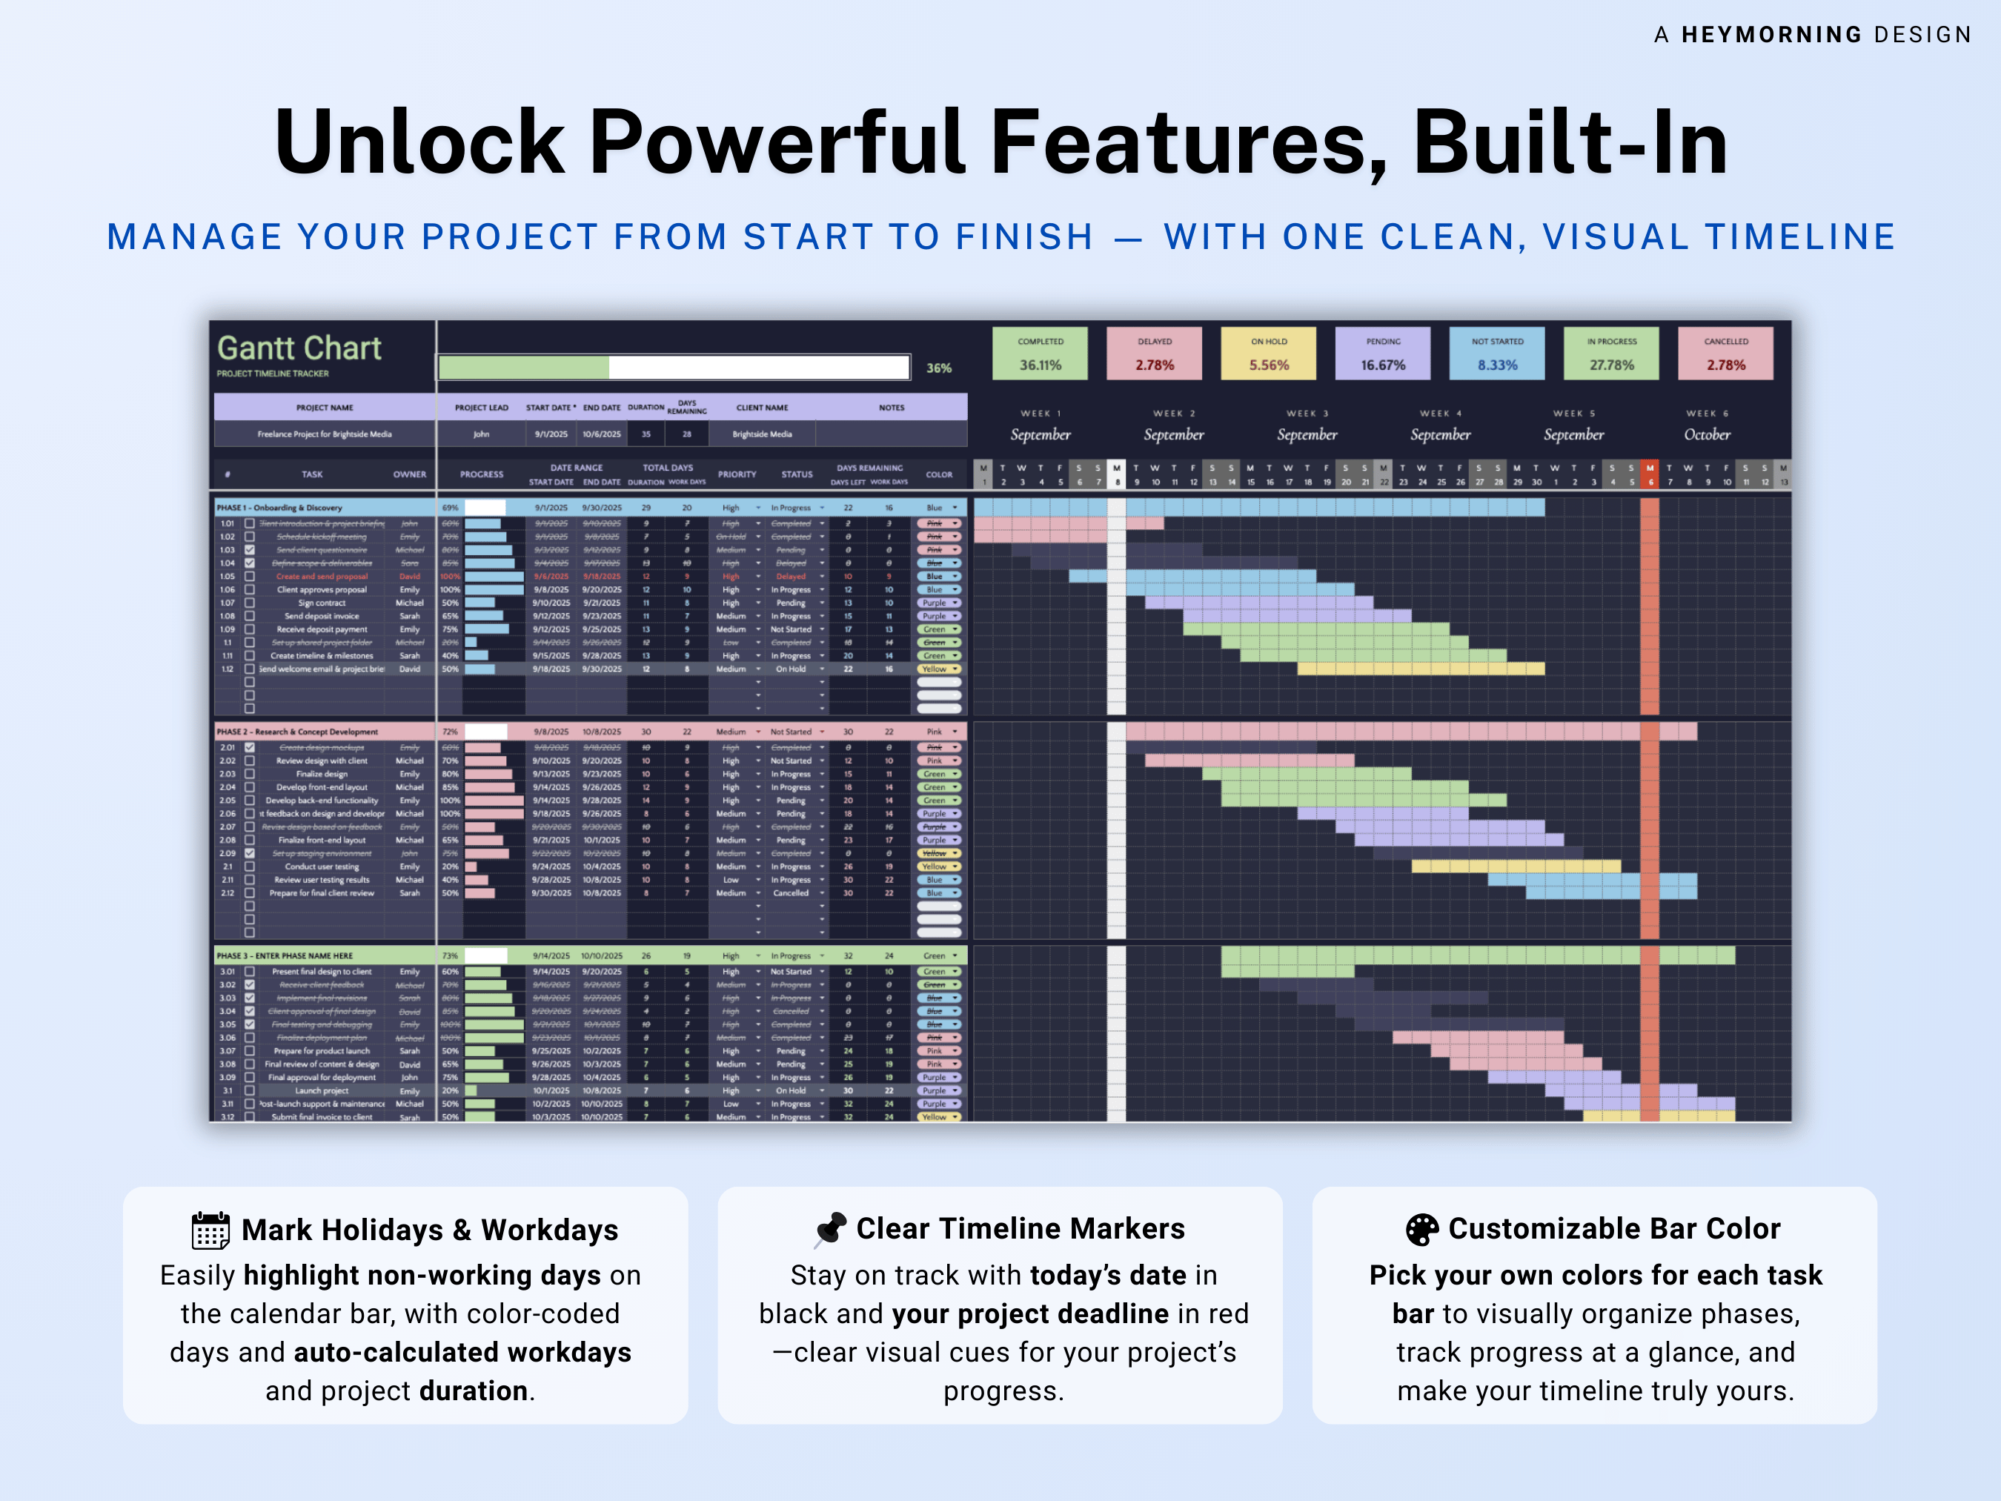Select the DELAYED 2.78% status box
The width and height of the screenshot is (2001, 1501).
[1155, 353]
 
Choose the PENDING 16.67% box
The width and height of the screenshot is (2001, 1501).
[1382, 353]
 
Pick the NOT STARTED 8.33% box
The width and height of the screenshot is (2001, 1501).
[1497, 353]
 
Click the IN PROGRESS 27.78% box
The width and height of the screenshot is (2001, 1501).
[1611, 353]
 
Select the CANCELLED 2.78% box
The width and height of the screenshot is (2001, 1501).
[1725, 353]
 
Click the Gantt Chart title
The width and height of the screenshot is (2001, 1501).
[299, 348]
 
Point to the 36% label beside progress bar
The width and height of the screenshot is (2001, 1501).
[938, 368]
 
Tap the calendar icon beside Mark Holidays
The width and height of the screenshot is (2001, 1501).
[210, 1230]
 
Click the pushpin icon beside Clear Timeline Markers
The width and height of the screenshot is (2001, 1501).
[831, 1230]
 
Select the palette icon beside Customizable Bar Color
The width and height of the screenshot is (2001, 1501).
[1422, 1230]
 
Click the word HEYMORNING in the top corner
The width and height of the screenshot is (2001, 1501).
[1771, 34]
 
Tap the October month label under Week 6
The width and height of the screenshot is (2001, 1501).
[1706, 434]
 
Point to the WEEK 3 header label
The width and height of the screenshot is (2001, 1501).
[1307, 414]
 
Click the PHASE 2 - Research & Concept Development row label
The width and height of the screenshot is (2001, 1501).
[298, 731]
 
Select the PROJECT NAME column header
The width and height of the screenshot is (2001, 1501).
[325, 408]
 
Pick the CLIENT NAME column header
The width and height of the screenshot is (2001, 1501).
[762, 408]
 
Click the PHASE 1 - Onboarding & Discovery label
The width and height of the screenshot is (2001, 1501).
[279, 508]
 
